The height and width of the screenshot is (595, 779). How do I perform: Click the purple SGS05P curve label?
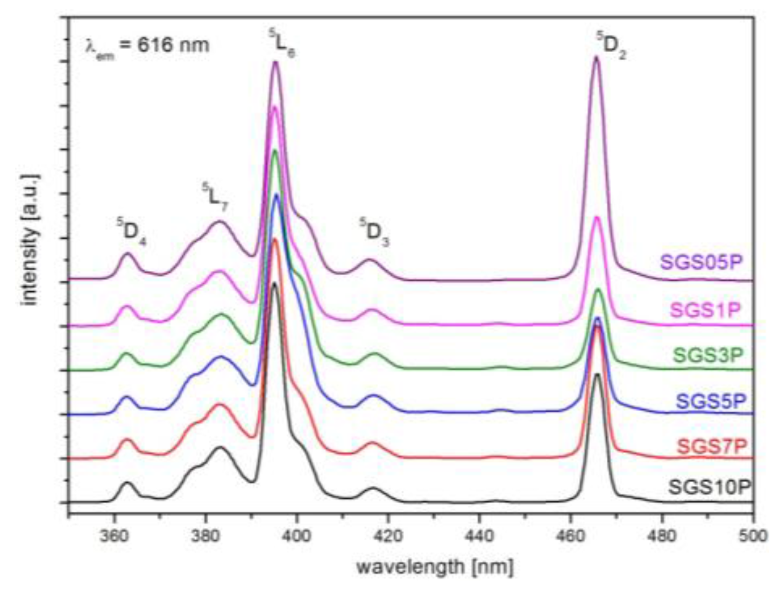click(x=702, y=262)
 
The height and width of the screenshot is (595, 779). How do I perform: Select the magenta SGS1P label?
click(x=705, y=310)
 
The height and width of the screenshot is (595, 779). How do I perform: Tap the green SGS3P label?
click(x=708, y=355)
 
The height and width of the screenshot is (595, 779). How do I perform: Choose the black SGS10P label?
click(x=709, y=487)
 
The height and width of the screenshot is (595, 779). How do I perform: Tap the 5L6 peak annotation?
click(x=282, y=44)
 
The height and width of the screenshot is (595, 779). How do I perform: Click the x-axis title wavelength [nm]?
click(x=435, y=567)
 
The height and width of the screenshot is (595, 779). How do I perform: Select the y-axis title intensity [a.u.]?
click(x=31, y=240)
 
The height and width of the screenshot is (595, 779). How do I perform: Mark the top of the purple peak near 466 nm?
click(x=596, y=57)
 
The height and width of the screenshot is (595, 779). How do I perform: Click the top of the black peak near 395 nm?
click(x=275, y=283)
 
